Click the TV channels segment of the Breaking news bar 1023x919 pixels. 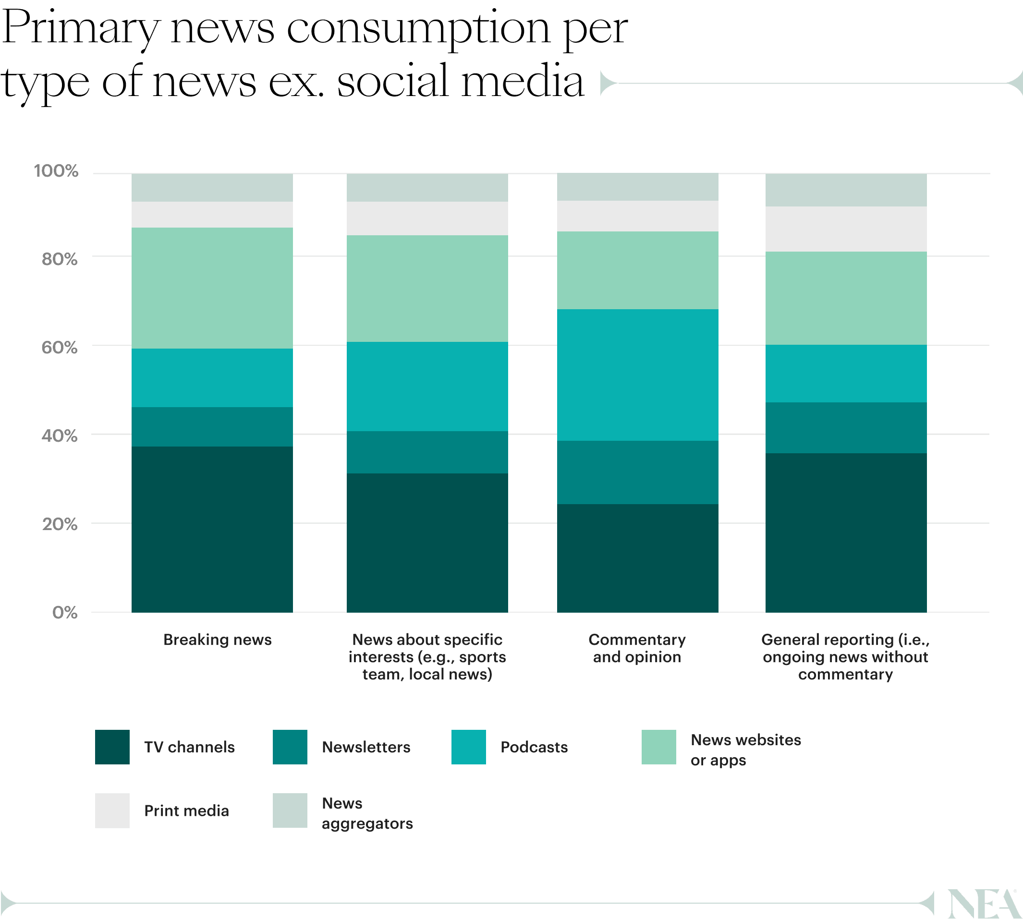[x=212, y=529]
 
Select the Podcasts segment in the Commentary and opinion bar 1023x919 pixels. [x=637, y=375]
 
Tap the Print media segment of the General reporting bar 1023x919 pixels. [x=846, y=229]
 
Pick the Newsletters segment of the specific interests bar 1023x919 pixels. [x=427, y=452]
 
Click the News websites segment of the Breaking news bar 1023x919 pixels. [x=212, y=288]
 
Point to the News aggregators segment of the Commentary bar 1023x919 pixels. [x=637, y=187]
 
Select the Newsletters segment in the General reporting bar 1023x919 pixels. [x=846, y=428]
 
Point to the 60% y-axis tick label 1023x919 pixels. [x=60, y=348]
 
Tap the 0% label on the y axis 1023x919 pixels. [x=65, y=613]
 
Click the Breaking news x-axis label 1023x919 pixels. [x=217, y=640]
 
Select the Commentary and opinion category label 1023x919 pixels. [x=637, y=648]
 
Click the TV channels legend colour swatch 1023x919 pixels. [x=112, y=747]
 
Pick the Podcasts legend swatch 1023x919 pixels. [x=468, y=747]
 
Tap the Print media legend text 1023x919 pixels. [x=186, y=811]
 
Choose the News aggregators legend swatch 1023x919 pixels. [x=290, y=810]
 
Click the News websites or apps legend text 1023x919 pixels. [x=745, y=750]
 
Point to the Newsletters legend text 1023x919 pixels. [x=366, y=747]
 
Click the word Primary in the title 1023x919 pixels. [x=81, y=29]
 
